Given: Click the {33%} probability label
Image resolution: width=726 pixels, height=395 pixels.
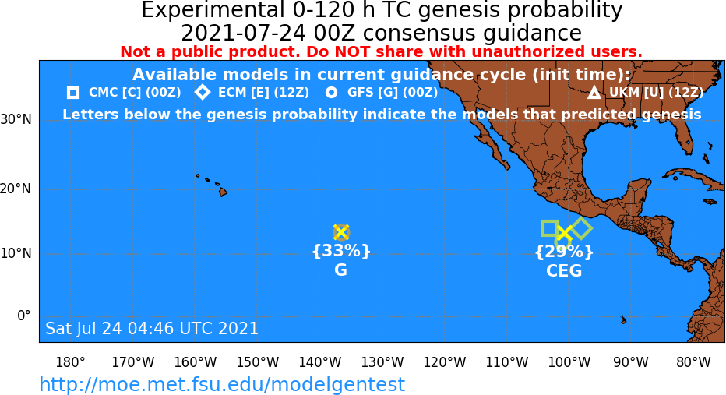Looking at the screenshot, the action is pos(341,251).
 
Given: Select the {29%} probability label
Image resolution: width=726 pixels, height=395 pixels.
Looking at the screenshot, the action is pos(563,252).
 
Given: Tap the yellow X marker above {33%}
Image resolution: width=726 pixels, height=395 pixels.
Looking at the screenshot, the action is pos(341,232).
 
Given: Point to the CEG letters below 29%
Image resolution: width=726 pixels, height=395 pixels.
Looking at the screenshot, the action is pos(563,271).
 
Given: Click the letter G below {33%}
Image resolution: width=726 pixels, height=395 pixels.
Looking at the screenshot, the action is pos(340,270).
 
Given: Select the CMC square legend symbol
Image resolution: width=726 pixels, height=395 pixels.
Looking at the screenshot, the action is pos(73,93).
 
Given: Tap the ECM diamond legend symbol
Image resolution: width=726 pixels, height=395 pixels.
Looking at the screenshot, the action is pos(203,92).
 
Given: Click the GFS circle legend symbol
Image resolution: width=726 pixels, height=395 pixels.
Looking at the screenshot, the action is pos(332,93).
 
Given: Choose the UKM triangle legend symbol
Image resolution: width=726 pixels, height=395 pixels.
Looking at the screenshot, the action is pos(594,93).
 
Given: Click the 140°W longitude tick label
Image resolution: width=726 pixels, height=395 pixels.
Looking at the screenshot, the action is pos(320,362).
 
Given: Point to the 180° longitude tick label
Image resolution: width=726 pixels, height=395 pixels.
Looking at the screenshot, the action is pos(70,362).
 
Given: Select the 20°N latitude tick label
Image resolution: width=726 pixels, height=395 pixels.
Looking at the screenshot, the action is pos(16,189).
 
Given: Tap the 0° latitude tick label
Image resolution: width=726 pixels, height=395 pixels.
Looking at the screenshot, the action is pos(23,316).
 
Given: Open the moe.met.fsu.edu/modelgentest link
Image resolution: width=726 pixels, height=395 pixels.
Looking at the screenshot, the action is pos(222,384).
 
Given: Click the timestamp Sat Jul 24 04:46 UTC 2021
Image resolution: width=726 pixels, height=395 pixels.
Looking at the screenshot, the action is pos(152,328).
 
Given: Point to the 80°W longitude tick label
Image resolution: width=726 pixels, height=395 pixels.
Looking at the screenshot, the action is pos(693,362).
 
